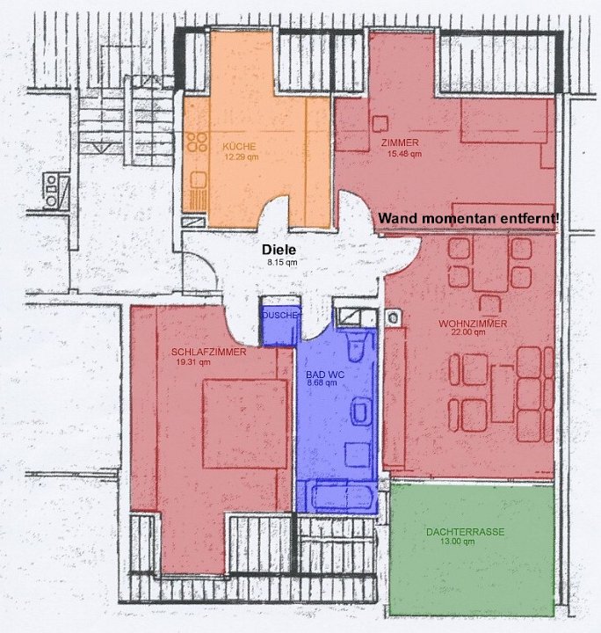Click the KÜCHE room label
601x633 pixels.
[239, 146]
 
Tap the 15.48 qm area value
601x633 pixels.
[404, 154]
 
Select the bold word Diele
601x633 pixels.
[279, 250]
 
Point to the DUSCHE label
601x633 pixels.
[280, 315]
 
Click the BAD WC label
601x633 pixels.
[325, 375]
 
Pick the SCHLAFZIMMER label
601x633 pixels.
[208, 352]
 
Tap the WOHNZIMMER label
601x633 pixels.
[473, 324]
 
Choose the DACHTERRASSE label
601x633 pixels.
[465, 532]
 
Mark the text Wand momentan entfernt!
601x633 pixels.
[468, 218]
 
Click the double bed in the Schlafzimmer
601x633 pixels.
[245, 424]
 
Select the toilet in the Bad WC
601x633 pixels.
[355, 346]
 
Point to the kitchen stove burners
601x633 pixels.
[197, 142]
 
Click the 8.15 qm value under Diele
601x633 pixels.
[282, 262]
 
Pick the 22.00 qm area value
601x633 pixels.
[468, 332]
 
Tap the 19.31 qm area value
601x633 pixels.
[193, 362]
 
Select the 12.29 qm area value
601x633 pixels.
[242, 156]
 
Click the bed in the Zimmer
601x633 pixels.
[505, 121]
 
